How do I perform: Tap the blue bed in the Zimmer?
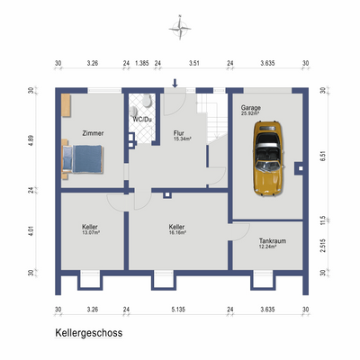coord(83,160)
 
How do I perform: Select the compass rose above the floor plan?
coord(180,28)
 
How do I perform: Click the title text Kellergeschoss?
coord(88,332)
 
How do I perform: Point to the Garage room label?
coord(249,107)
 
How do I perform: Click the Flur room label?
coord(179,133)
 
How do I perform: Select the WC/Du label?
coord(141,119)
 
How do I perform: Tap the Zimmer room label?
coord(93,133)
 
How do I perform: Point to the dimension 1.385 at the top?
coord(141,64)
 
